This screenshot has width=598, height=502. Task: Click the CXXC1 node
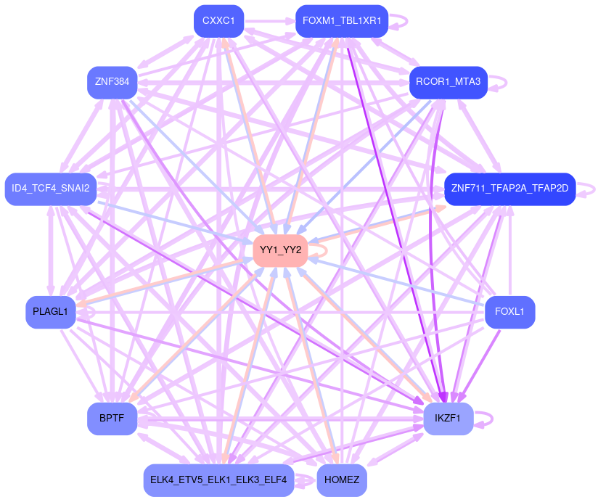(x=218, y=21)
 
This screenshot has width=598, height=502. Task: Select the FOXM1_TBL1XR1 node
(x=342, y=21)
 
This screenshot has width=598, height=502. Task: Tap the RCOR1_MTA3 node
(x=448, y=82)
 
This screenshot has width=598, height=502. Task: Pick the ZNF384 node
(x=112, y=82)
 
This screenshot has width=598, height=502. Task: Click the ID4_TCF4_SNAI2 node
(x=51, y=189)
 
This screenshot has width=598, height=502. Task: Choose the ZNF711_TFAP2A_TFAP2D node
(x=510, y=189)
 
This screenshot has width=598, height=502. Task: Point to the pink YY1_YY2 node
(x=280, y=250)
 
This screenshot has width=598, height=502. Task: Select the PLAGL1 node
(x=50, y=312)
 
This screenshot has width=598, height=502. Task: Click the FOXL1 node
(x=509, y=312)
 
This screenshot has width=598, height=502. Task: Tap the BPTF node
(x=112, y=419)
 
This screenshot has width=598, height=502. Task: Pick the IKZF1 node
(x=448, y=419)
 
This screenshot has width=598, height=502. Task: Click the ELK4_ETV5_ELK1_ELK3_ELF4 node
(x=218, y=480)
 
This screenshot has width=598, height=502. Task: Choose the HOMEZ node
(x=342, y=480)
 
